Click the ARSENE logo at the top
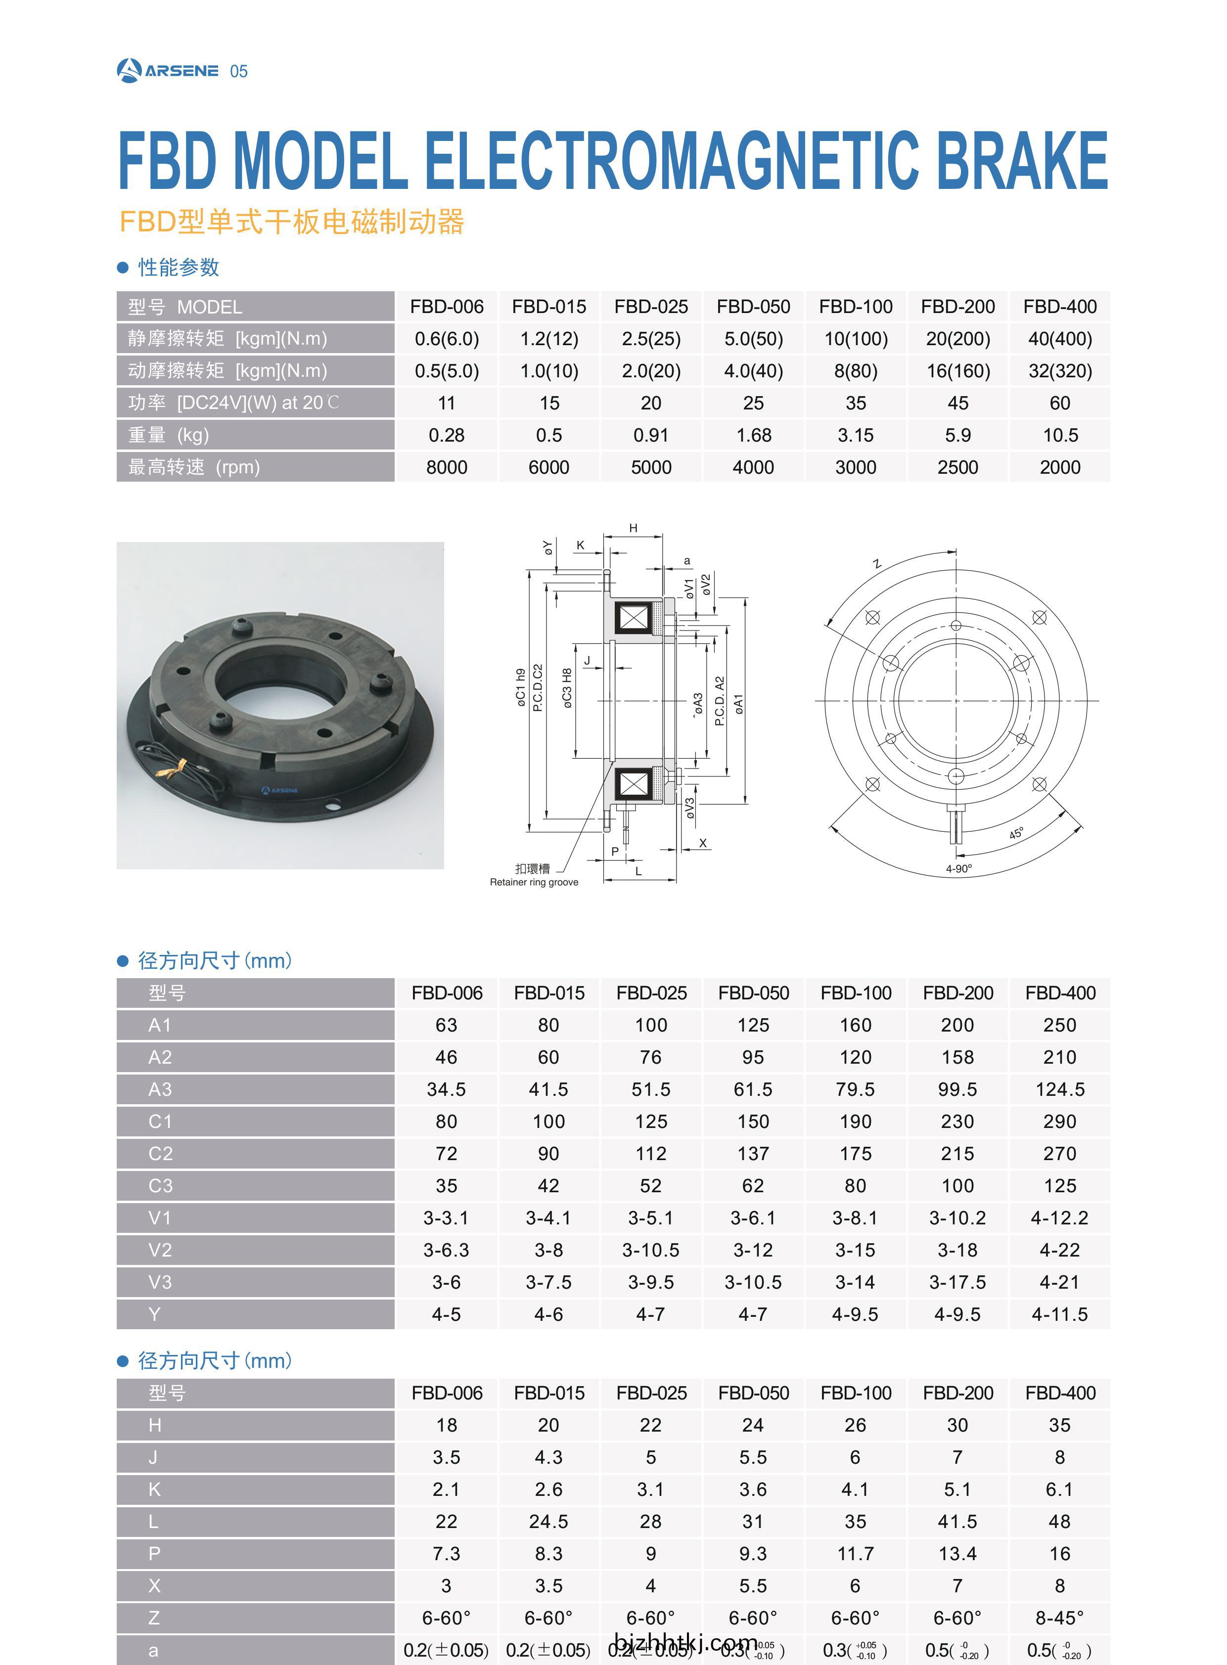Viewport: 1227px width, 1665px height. pos(168,71)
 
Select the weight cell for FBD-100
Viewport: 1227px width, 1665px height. pos(856,435)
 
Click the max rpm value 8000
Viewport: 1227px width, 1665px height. pos(447,467)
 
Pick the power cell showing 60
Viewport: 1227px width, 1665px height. pos(1060,403)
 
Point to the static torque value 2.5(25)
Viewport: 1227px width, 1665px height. pos(651,339)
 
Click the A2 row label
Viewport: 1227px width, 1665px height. pos(160,1057)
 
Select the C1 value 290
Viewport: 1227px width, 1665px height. pos(1060,1122)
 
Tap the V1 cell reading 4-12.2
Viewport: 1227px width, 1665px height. pos(1060,1218)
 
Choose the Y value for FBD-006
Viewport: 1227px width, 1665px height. pos(447,1314)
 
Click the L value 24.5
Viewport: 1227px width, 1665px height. pos(549,1522)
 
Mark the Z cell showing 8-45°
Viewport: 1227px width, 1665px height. pos(1060,1618)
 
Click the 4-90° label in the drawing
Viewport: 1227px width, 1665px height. pos(959,868)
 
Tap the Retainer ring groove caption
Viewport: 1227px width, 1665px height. pos(534,882)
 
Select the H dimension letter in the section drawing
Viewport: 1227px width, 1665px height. pos(634,528)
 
